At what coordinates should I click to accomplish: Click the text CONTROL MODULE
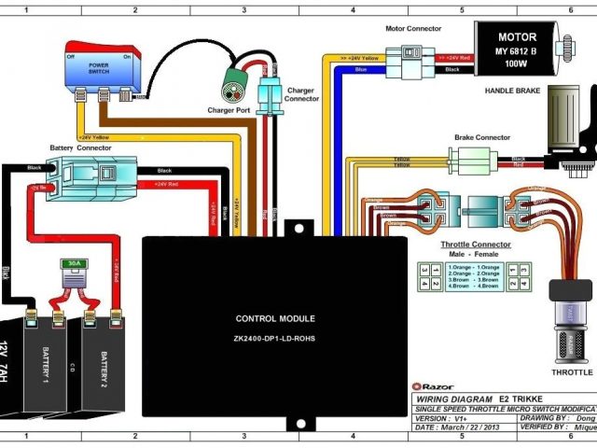click(x=274, y=318)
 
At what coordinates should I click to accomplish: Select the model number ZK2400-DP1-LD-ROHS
click(x=274, y=339)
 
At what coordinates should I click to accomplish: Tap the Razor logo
click(x=431, y=385)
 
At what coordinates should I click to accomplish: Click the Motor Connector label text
click(x=413, y=29)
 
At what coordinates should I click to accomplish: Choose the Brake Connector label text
click(x=482, y=137)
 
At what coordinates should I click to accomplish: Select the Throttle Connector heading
click(x=475, y=244)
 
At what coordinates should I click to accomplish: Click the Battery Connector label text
click(x=74, y=147)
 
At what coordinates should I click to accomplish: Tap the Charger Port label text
click(x=228, y=110)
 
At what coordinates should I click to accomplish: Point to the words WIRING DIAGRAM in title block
click(x=453, y=398)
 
